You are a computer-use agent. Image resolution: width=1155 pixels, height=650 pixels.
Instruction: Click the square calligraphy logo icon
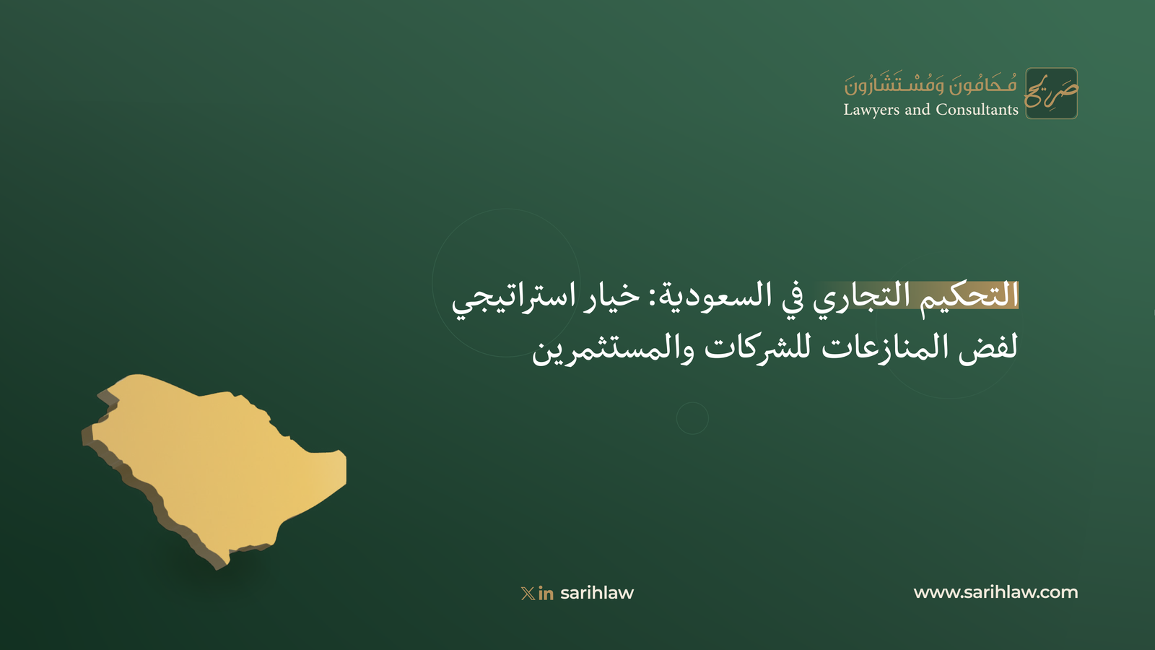(1051, 93)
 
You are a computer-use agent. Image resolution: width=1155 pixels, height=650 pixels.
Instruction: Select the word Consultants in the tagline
(977, 109)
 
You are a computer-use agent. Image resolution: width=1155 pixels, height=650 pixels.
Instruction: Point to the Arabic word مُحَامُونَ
(983, 84)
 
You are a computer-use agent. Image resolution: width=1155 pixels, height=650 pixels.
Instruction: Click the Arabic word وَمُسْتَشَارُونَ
(894, 84)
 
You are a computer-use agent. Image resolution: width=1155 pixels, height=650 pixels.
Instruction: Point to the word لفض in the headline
(988, 348)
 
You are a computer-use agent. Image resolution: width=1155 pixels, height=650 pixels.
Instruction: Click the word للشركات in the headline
(761, 347)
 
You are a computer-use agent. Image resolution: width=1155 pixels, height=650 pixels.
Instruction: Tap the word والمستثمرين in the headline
(614, 350)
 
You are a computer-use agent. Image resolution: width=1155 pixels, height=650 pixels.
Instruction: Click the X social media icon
(528, 593)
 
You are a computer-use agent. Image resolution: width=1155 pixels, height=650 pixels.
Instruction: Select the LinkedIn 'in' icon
(546, 594)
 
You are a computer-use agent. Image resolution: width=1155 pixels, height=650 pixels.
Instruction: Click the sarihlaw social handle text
(597, 593)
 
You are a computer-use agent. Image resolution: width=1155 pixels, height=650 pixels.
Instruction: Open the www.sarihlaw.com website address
(995, 592)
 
